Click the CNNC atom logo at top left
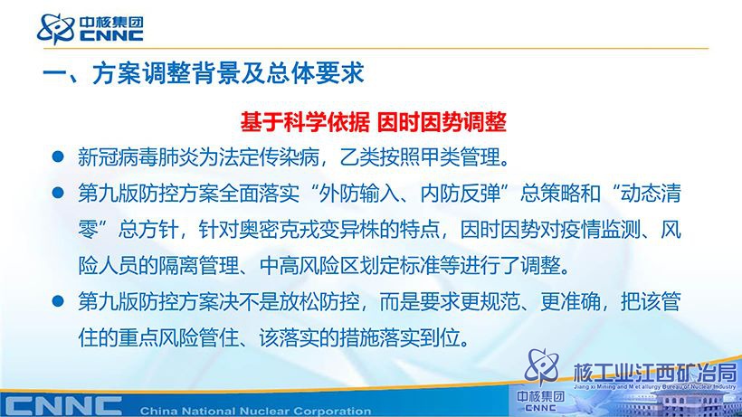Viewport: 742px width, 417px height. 56,28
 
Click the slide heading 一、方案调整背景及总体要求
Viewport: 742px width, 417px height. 204,73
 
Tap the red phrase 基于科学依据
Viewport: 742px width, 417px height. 305,122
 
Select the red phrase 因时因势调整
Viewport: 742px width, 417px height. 442,122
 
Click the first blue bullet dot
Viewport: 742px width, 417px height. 58,156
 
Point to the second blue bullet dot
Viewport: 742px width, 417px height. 58,193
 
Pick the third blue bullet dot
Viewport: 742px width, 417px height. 58,301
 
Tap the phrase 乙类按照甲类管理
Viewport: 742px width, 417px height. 420,157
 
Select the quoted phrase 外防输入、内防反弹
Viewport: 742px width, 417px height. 410,194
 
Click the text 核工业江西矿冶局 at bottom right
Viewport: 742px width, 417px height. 655,373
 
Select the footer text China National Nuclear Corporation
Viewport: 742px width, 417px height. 255,412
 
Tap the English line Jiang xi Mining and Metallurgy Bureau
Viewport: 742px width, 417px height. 655,387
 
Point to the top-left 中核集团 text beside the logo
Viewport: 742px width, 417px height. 111,22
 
